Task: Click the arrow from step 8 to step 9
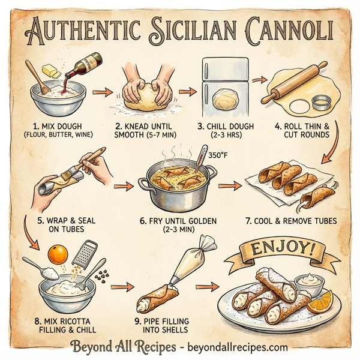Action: (x=122, y=287)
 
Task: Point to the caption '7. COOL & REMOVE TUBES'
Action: (x=290, y=221)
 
